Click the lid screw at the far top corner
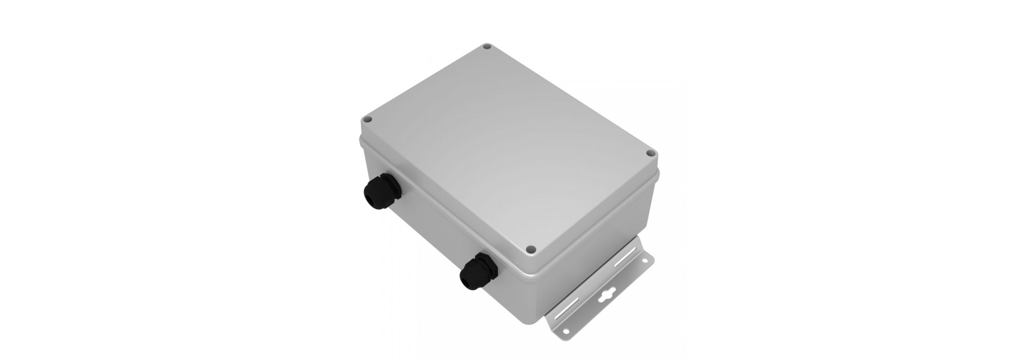487,47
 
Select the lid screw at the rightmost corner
651,154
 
